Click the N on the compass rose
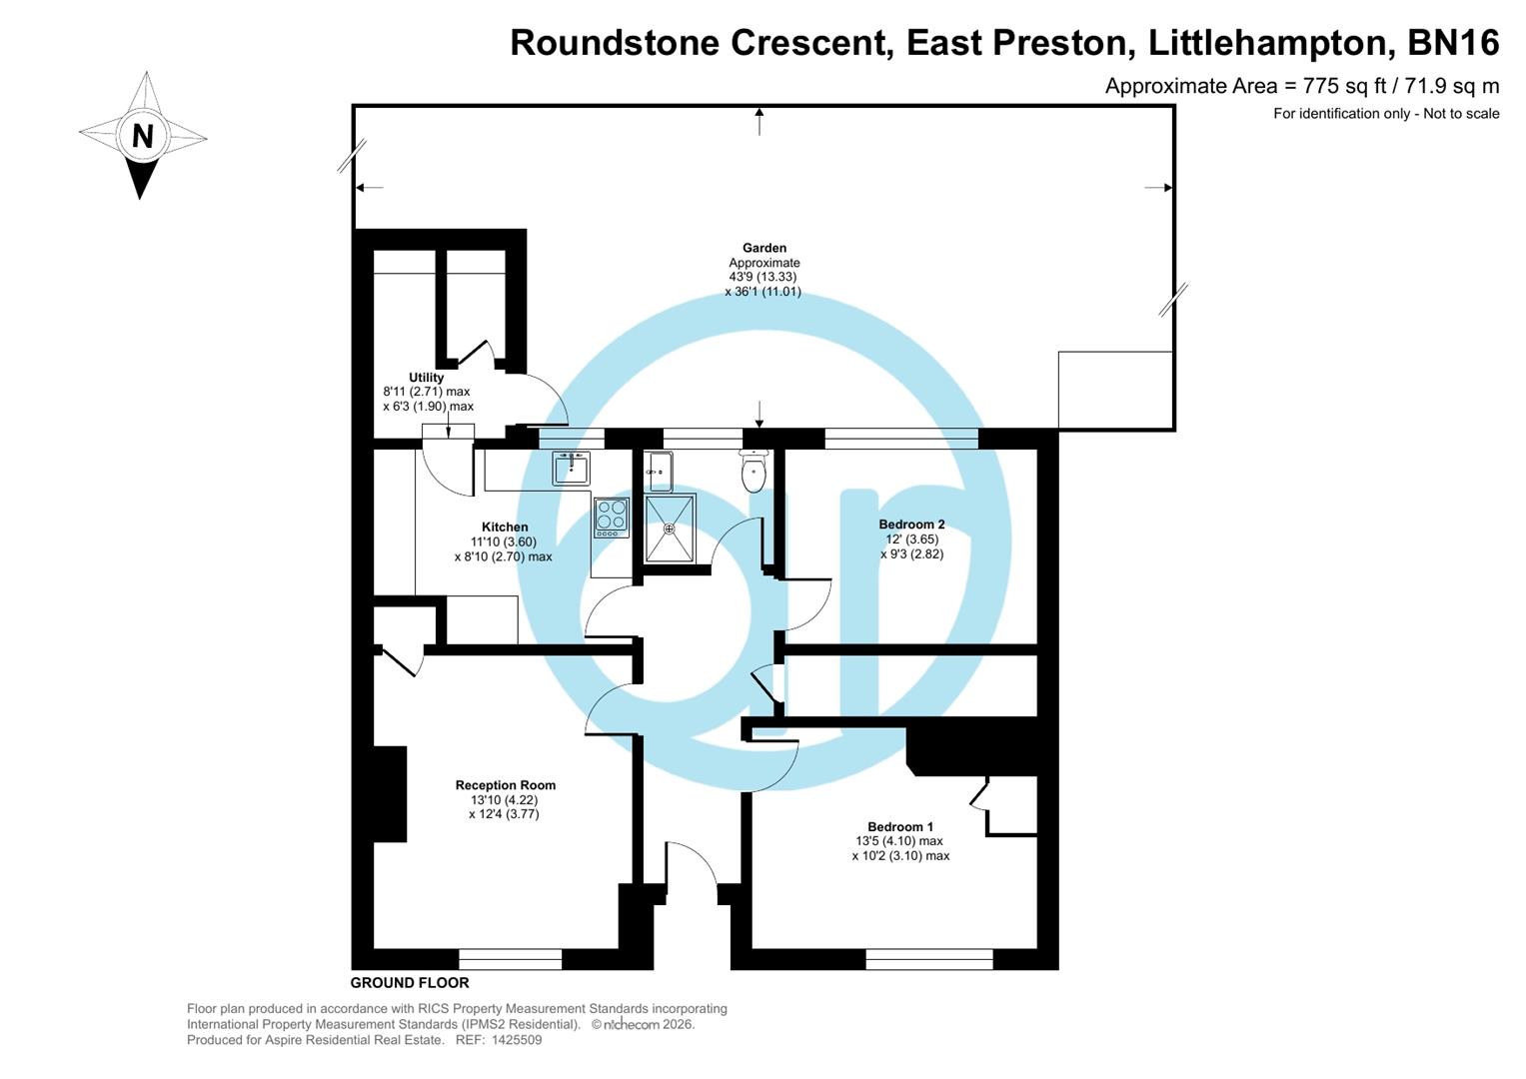click(x=143, y=136)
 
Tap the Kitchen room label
click(x=505, y=527)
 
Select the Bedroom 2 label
click(x=911, y=525)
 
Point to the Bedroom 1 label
click(x=900, y=826)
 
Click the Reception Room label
click(x=505, y=785)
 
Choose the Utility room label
click(x=426, y=378)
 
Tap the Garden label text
click(x=763, y=248)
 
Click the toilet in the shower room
click(x=754, y=473)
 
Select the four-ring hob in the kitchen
click(x=611, y=518)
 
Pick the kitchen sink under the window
click(x=571, y=468)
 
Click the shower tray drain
click(x=670, y=529)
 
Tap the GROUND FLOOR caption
click(x=410, y=983)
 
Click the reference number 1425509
click(x=514, y=1040)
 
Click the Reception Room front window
click(x=510, y=959)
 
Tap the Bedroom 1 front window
click(x=929, y=959)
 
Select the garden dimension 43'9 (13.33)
click(x=763, y=277)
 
